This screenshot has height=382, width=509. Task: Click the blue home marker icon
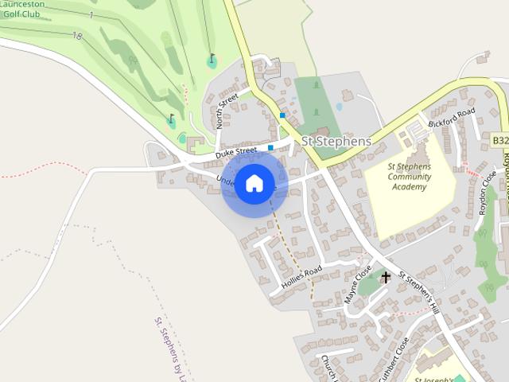click(254, 183)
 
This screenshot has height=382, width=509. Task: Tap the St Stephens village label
click(336, 141)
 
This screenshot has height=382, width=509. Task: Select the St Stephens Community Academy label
click(409, 176)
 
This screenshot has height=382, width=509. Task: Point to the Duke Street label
click(236, 150)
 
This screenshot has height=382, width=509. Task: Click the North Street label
click(228, 111)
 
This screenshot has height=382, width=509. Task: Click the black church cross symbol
click(386, 278)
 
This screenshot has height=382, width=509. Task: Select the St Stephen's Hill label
click(418, 291)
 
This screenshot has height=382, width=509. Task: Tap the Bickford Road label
click(452, 118)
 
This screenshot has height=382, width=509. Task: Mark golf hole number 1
click(91, 16)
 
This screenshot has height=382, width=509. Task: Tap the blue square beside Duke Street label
click(271, 147)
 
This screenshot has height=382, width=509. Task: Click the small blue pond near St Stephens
click(340, 106)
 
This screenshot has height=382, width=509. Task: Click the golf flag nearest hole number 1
click(212, 59)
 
